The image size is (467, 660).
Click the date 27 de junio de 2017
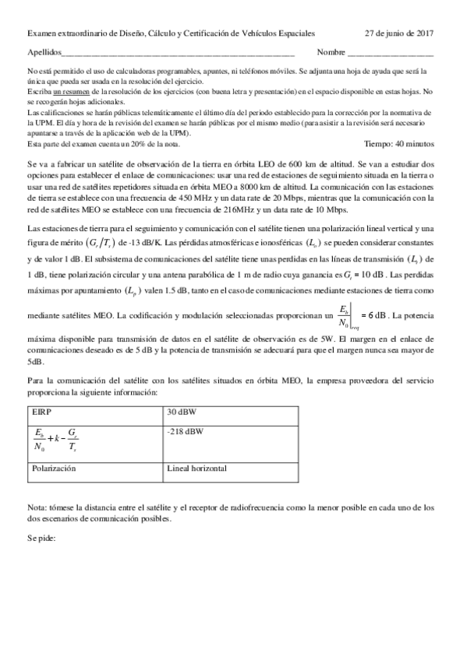pyautogui.click(x=399, y=33)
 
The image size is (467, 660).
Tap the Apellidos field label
pyautogui.click(x=43, y=54)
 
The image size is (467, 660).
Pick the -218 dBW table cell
pyautogui.click(x=184, y=430)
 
